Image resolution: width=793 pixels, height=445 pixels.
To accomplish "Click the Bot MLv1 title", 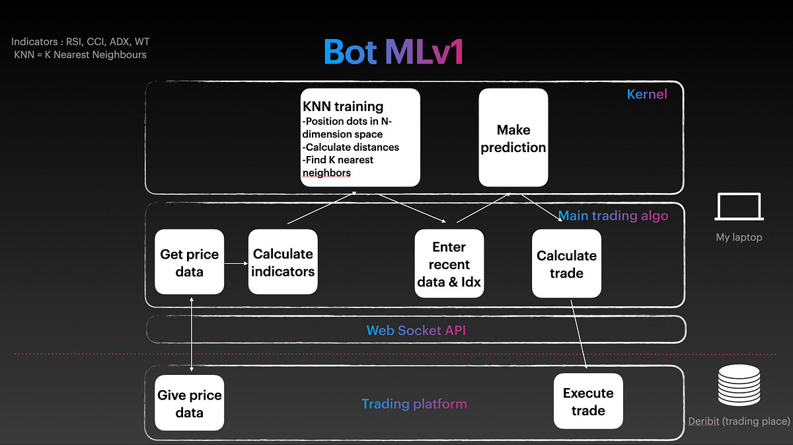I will click(x=393, y=52).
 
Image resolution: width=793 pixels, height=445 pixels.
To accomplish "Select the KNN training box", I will click(x=360, y=138).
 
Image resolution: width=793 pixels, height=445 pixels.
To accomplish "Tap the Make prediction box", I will click(x=513, y=138).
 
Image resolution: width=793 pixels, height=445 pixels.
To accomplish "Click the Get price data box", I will click(x=190, y=262).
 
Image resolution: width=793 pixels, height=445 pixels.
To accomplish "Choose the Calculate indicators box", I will click(x=283, y=262).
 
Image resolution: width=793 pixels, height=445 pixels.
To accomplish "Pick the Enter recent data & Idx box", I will click(x=449, y=263).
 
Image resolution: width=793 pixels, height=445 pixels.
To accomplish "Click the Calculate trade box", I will click(x=566, y=263).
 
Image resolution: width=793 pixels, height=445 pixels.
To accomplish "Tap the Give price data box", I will click(x=190, y=403).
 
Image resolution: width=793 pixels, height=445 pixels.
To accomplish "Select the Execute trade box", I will click(x=588, y=401).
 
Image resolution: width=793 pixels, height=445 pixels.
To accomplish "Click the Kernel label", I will click(x=647, y=94).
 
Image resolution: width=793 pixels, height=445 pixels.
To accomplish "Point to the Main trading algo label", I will click(x=613, y=216).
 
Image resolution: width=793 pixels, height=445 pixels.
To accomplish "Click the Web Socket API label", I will click(x=416, y=330).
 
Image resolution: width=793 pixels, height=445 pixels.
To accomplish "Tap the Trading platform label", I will click(x=414, y=403).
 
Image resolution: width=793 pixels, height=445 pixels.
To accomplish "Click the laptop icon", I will click(x=739, y=207).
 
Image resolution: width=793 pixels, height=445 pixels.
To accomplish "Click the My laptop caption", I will click(x=739, y=237).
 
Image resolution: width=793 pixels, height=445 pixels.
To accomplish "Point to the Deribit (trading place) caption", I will click(x=738, y=421).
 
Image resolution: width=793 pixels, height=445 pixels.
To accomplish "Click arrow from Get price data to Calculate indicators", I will click(x=236, y=263).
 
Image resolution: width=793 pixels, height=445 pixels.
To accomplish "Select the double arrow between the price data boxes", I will click(x=191, y=334).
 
